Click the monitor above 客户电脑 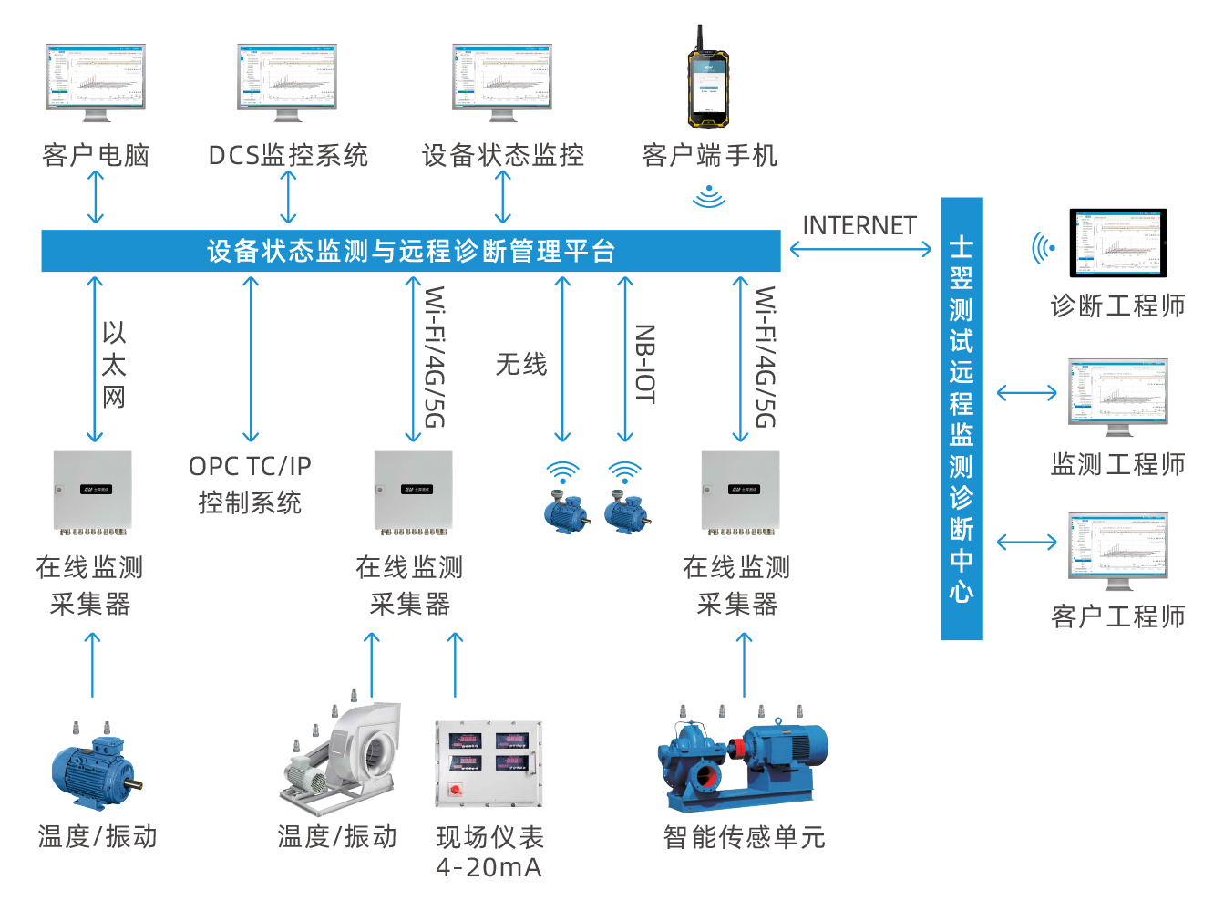coord(96,80)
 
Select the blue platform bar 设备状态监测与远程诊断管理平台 coord(411,251)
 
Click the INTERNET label coord(859,225)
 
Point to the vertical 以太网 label coord(114,365)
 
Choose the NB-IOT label coord(644,364)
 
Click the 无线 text coord(521,365)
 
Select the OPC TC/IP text coord(250,466)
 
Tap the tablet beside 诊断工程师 coord(1117,243)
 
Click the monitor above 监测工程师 coord(1117,396)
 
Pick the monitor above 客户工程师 coord(1117,549)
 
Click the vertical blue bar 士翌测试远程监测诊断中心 coord(962,419)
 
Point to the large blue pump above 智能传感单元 coord(743,759)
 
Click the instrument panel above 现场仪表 coord(489,763)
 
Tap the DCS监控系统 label coord(288,156)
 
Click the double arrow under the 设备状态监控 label coord(502,197)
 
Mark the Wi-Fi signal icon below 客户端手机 coord(708,195)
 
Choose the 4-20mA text coord(489,867)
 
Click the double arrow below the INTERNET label coord(860,249)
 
